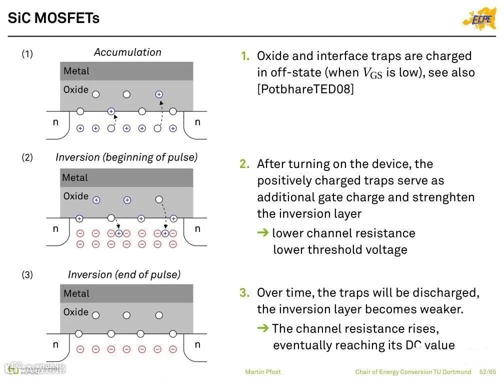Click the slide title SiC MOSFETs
(x=53, y=18)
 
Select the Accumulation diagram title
(x=127, y=52)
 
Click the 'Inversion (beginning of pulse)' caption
(x=126, y=157)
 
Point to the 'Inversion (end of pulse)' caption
(x=124, y=274)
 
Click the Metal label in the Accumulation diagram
(x=76, y=71)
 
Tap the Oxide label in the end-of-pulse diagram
(x=76, y=312)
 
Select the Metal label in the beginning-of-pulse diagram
(x=74, y=178)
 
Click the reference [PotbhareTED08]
(x=305, y=89)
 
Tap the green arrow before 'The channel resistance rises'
(x=263, y=328)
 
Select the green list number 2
(x=244, y=164)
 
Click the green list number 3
(x=244, y=292)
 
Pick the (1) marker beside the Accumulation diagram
(x=27, y=53)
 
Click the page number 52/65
(x=487, y=371)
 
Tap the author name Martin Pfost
(x=263, y=371)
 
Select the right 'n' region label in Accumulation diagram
(x=197, y=122)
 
